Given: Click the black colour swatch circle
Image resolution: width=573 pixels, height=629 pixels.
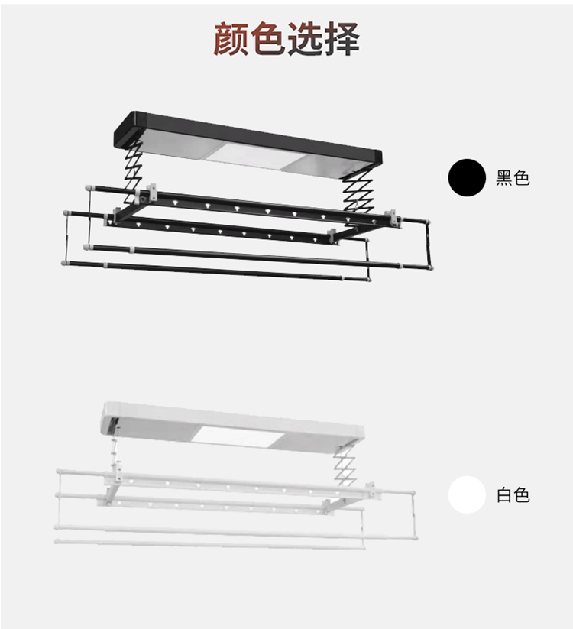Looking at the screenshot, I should point(467,178).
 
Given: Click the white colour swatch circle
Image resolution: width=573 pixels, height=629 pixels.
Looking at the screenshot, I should point(467,494).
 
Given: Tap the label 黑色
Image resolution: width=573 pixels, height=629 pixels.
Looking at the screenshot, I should point(512,179).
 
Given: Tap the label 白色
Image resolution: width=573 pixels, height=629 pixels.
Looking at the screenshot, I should point(512,495).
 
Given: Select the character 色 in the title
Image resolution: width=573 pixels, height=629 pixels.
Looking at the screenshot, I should point(267,37).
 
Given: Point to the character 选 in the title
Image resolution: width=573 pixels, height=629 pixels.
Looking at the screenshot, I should point(304,37).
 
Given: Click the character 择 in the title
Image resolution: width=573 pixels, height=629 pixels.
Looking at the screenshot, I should point(341,37).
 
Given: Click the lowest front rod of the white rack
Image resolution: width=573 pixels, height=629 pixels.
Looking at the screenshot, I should point(206,543).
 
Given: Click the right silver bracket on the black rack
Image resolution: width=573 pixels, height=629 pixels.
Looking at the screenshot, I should point(393,218).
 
